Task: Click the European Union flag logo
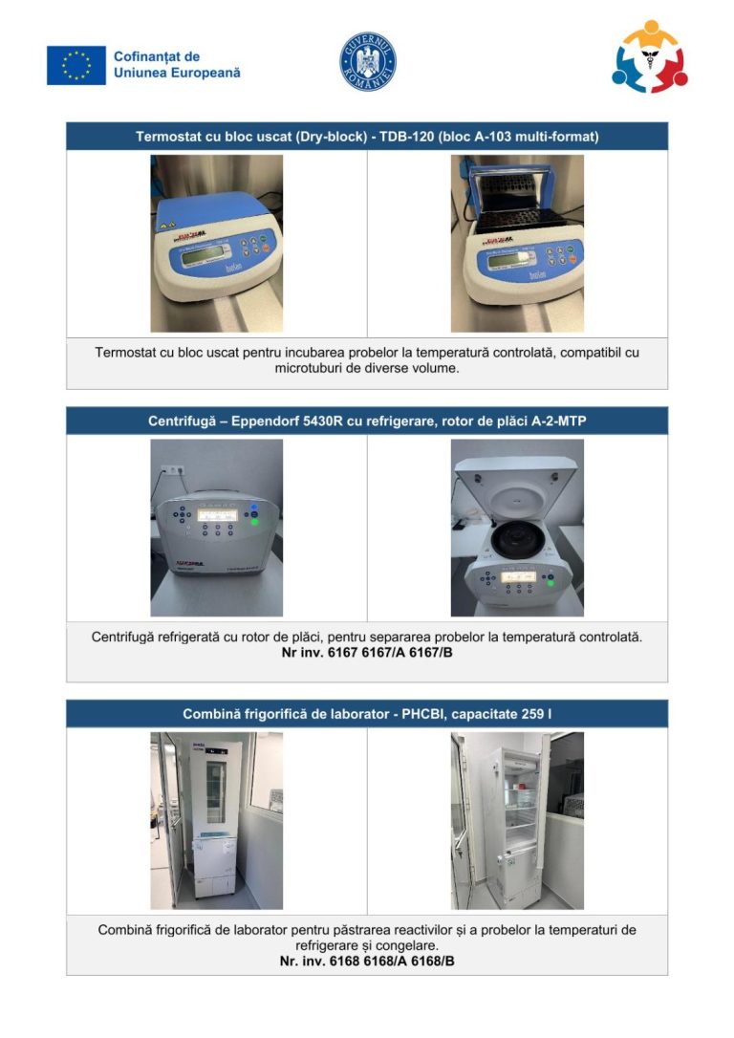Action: point(76,65)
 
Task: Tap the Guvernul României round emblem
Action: point(368,61)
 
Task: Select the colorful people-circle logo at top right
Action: point(650,57)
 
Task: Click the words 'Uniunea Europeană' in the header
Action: point(177,73)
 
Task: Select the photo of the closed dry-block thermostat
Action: point(216,243)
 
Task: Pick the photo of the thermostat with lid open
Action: point(517,243)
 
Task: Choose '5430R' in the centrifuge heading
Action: point(323,421)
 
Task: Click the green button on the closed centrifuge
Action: point(254,522)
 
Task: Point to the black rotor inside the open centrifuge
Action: point(516,541)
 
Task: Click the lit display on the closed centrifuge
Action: point(218,515)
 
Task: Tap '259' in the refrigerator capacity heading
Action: point(532,714)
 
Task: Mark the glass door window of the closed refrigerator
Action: point(216,791)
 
